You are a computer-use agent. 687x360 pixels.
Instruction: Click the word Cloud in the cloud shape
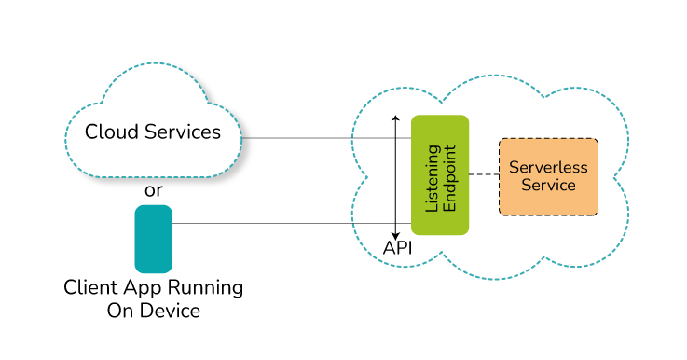click(x=113, y=132)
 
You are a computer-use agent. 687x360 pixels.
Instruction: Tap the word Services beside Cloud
click(x=183, y=132)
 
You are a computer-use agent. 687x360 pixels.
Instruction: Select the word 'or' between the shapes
click(x=154, y=191)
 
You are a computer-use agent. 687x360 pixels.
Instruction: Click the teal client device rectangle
click(x=154, y=239)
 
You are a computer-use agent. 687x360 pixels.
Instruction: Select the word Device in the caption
click(x=172, y=311)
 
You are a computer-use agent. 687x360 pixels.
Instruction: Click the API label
click(x=397, y=248)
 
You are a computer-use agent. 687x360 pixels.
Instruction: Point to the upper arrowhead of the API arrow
click(x=395, y=118)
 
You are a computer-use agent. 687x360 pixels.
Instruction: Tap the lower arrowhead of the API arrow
click(x=395, y=237)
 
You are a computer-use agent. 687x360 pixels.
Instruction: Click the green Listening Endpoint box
click(x=440, y=175)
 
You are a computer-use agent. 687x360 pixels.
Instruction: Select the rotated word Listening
click(x=433, y=178)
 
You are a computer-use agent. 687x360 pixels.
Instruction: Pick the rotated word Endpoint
click(x=449, y=178)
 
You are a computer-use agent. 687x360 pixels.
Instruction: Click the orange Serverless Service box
click(x=548, y=176)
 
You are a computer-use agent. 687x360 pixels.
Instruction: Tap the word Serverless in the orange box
click(x=548, y=168)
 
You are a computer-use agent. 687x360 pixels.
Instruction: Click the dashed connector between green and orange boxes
click(x=484, y=174)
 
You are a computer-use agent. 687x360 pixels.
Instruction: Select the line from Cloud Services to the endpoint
click(x=326, y=138)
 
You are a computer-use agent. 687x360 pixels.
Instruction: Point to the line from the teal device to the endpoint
click(x=292, y=224)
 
